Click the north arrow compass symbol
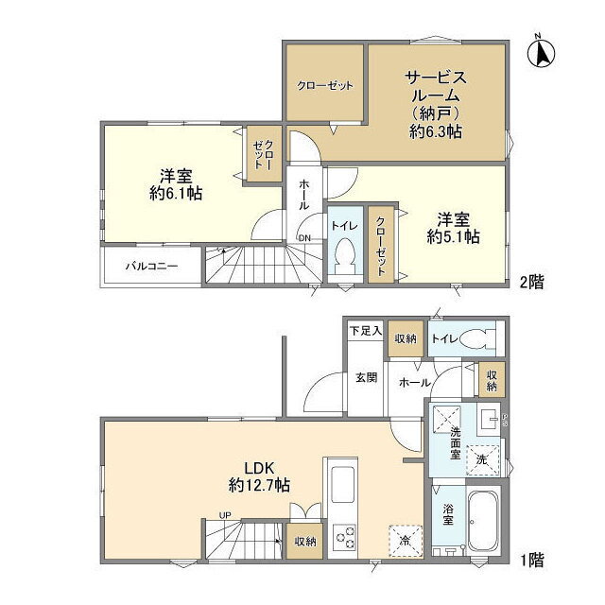point(541,51)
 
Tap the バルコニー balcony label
point(151,267)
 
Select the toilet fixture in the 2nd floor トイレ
point(344,255)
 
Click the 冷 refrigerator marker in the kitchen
point(406,541)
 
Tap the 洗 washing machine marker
point(482,459)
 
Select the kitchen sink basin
point(342,484)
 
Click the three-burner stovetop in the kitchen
point(344,537)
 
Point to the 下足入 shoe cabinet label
point(366,331)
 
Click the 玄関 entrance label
point(366,377)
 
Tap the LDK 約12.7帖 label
point(259,476)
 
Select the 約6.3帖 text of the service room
point(436,132)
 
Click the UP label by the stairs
point(225,515)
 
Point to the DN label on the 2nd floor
point(304,238)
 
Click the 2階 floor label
point(531,283)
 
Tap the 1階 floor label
point(531,560)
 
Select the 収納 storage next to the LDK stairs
point(304,542)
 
